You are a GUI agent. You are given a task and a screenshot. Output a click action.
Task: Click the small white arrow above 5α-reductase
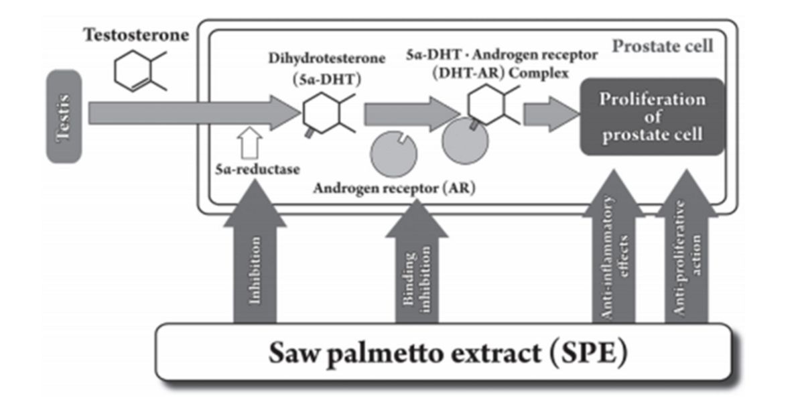(247, 143)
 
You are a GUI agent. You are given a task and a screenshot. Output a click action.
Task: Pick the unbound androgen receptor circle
(394, 152)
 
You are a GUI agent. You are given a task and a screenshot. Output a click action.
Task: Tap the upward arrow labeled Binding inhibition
(416, 268)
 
